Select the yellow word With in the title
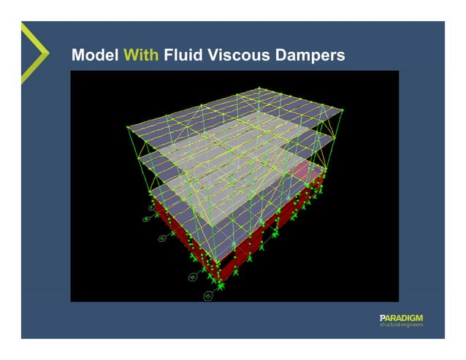[x=141, y=55]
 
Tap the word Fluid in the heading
[x=182, y=55]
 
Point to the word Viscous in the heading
[x=238, y=55]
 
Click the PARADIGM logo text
[x=401, y=317]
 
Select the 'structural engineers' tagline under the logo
[x=401, y=325]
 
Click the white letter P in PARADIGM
[x=382, y=317]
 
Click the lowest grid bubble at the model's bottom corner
[x=207, y=296]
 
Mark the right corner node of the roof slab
[x=343, y=111]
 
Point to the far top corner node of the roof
[x=259, y=88]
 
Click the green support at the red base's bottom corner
[x=219, y=281]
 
